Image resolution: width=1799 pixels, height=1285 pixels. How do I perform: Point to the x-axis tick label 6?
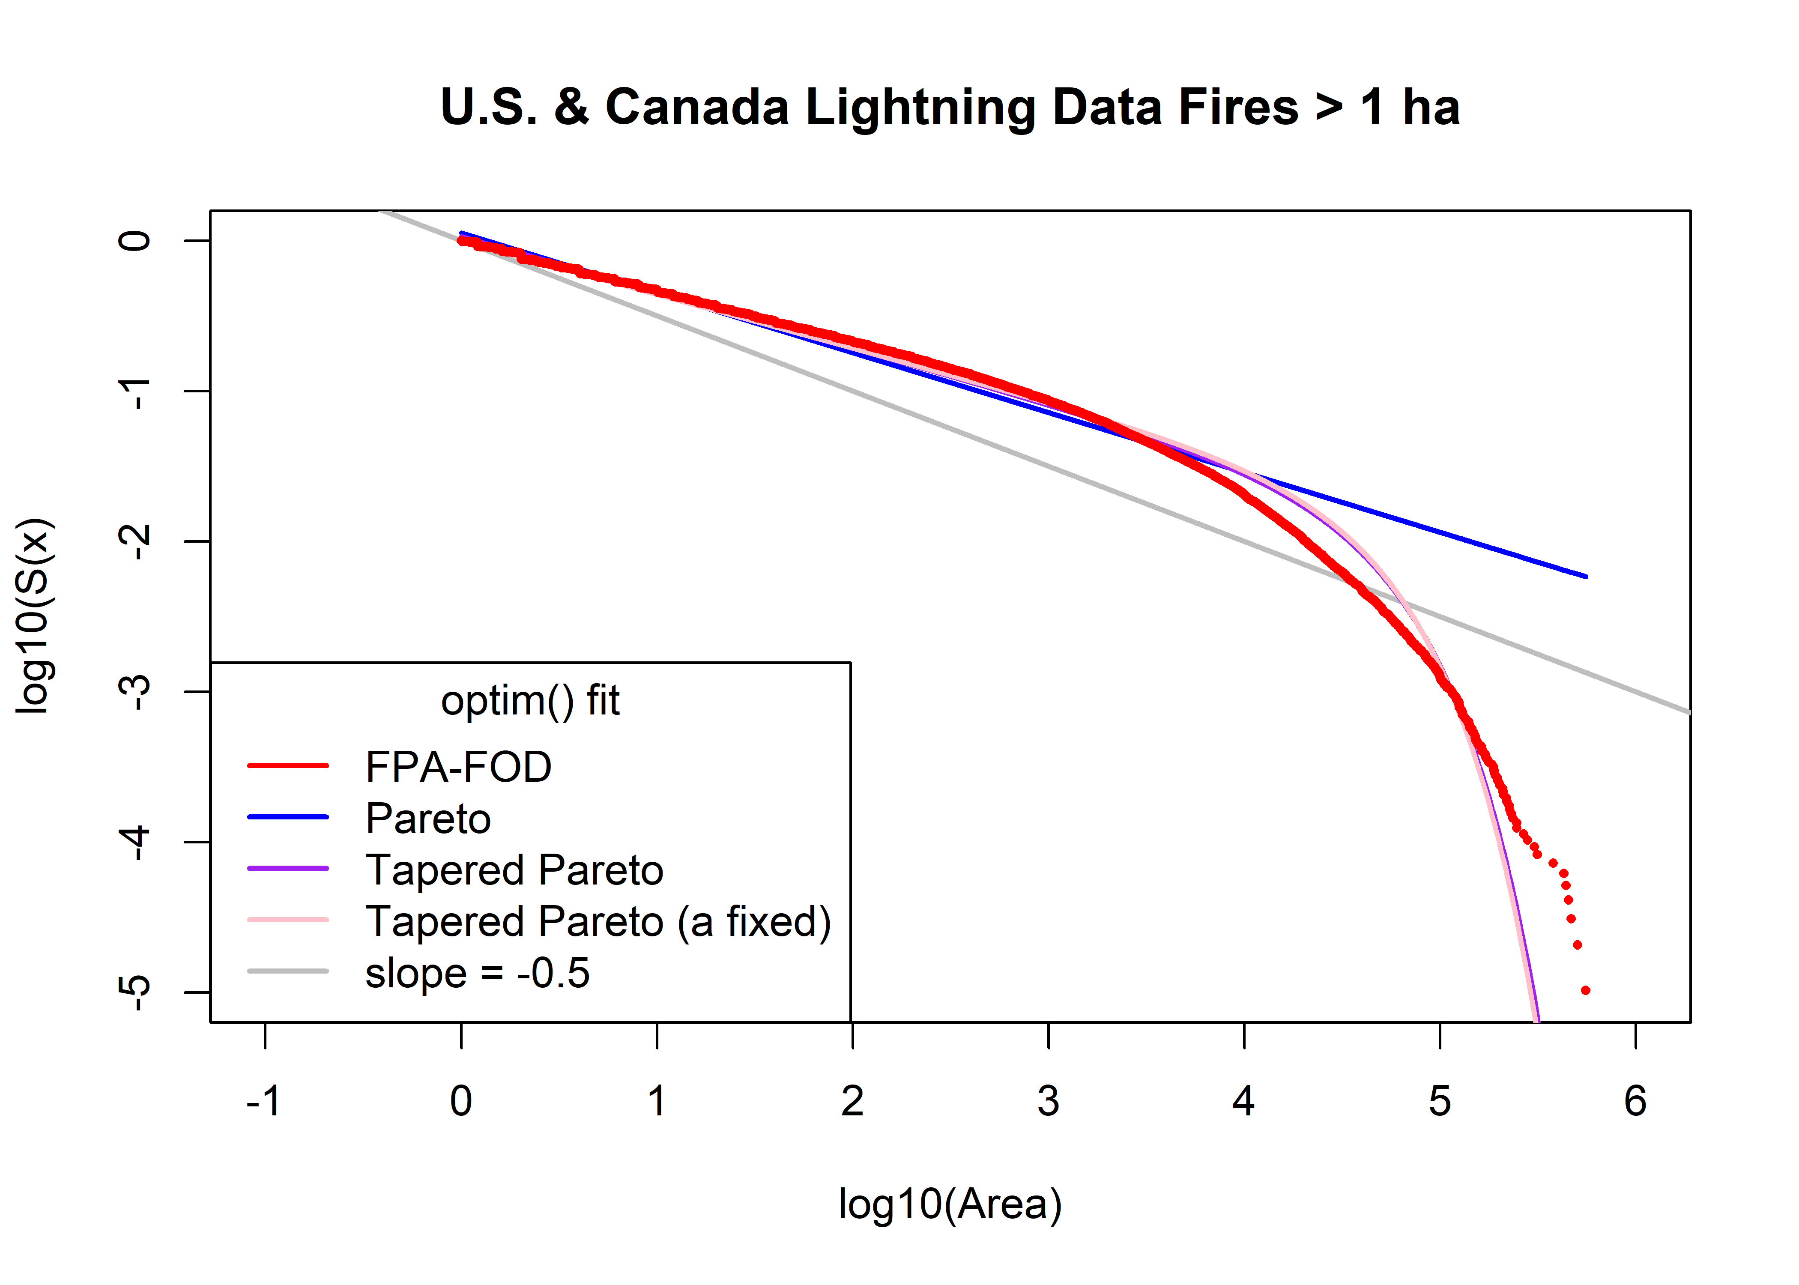[x=1635, y=1101]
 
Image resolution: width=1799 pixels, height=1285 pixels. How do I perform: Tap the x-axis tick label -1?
[x=263, y=1101]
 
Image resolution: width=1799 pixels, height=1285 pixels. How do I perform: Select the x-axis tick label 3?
[x=1048, y=1101]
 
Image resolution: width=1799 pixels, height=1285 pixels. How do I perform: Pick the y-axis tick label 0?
[x=134, y=241]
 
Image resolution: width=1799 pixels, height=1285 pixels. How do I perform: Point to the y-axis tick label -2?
[x=134, y=541]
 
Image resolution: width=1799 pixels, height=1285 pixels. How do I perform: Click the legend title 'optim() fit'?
[x=530, y=701]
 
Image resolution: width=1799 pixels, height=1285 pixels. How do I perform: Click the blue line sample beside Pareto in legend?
[x=288, y=816]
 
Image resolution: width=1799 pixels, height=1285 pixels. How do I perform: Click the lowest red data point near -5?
[x=1585, y=990]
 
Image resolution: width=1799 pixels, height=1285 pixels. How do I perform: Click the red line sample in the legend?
[x=288, y=765]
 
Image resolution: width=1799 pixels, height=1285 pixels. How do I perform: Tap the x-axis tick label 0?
[x=461, y=1101]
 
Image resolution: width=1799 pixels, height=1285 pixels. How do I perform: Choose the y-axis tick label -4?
[x=134, y=842]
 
